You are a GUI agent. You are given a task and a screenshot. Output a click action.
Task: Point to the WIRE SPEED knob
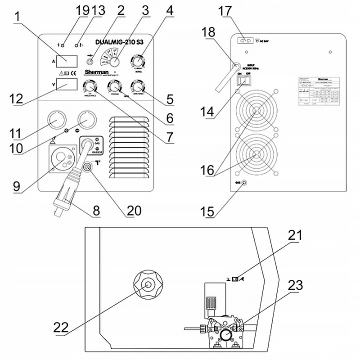coord(137,86)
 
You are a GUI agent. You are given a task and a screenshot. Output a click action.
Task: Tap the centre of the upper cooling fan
coord(257,111)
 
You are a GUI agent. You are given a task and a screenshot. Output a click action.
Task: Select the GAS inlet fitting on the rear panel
coord(245,183)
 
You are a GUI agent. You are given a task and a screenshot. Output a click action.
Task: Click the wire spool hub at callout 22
coord(147,285)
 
